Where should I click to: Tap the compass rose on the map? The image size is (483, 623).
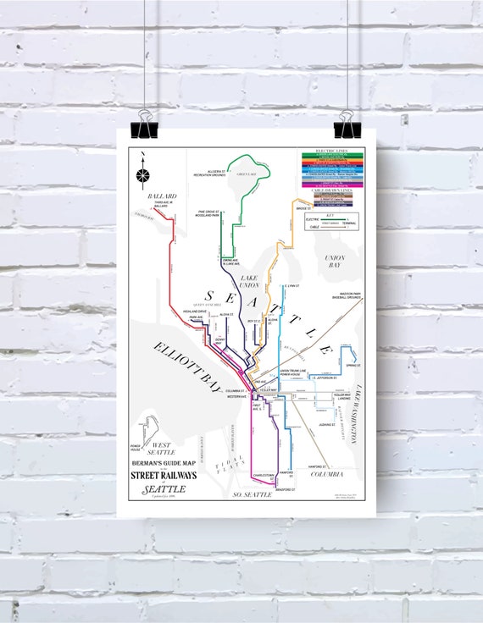point(142,175)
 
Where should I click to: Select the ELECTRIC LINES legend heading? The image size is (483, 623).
point(331,150)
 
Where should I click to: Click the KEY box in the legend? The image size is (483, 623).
point(331,223)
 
